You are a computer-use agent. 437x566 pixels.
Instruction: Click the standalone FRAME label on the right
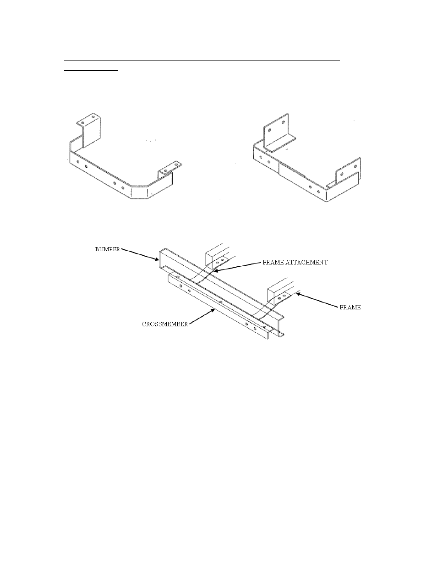coord(350,307)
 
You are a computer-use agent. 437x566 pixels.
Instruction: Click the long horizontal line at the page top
coord(202,60)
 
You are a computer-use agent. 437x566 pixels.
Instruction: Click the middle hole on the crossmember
coord(221,303)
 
